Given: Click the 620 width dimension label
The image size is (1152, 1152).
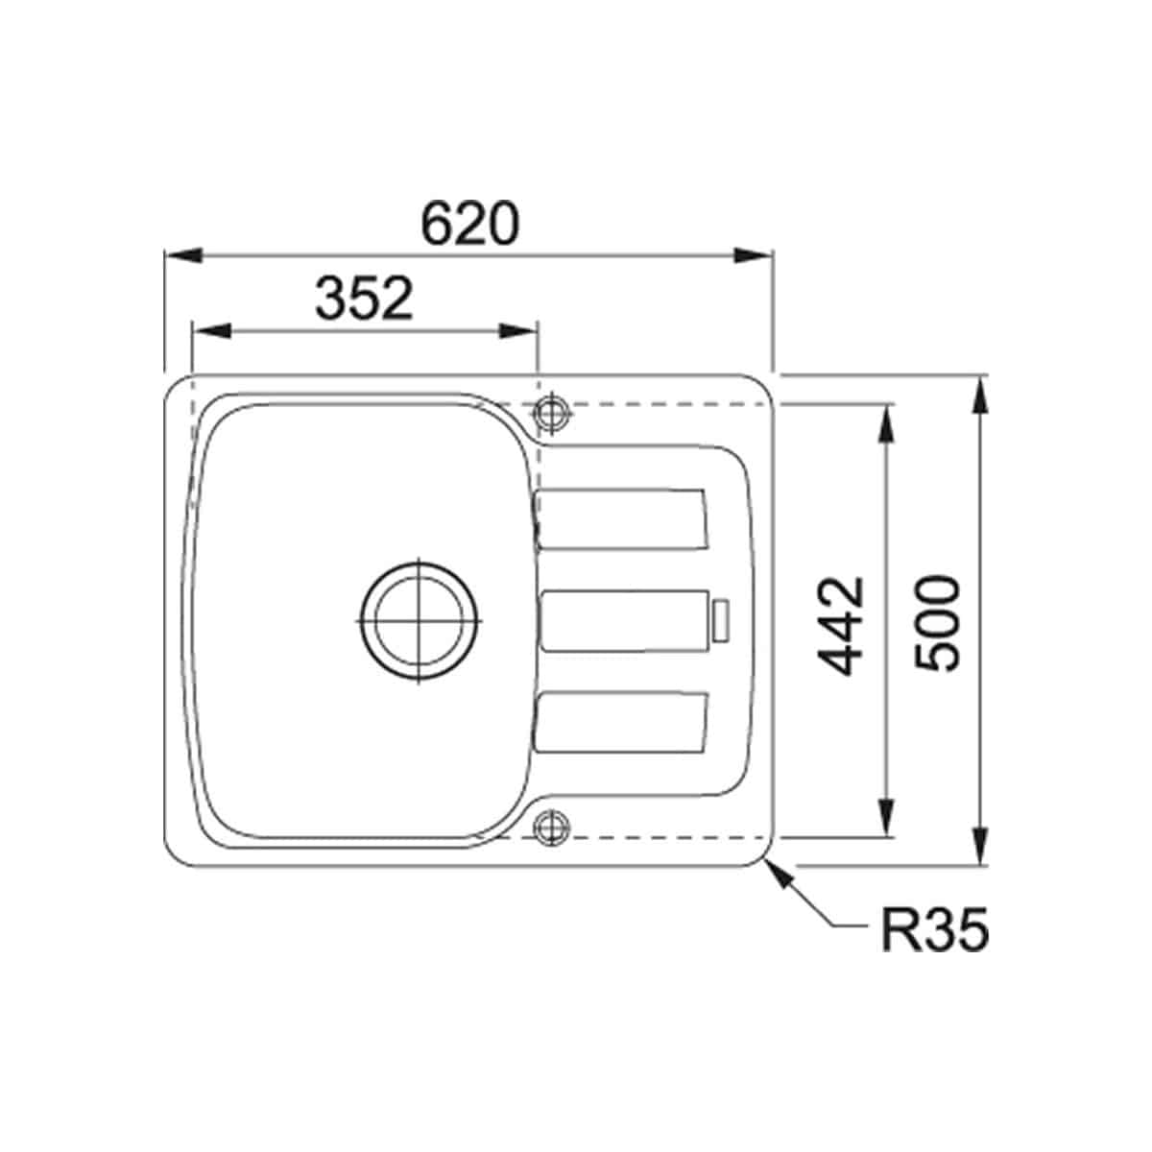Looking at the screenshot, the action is point(469,225).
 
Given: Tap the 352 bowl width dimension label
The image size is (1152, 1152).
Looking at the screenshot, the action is point(364,299).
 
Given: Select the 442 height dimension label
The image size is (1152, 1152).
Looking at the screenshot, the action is point(841,626).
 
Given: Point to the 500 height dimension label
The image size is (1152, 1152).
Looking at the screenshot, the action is point(937,624).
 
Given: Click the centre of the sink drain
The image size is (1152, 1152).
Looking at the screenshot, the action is point(419,621).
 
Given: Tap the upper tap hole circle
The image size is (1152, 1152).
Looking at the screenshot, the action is point(551,412).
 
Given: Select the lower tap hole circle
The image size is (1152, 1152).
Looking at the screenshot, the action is point(551,828).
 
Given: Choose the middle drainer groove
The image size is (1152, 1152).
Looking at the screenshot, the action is point(624,620).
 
